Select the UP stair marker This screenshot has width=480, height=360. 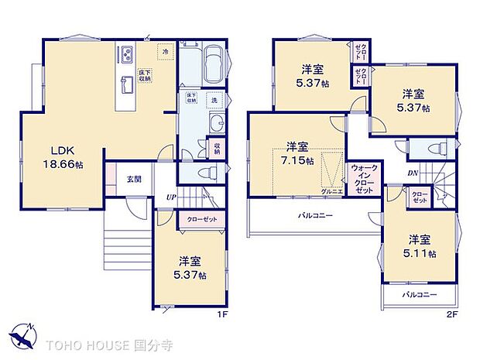(170, 197)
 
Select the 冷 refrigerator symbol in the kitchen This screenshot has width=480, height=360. (165, 51)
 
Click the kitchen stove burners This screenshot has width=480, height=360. (126, 55)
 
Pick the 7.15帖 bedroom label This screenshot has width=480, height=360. (297, 153)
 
